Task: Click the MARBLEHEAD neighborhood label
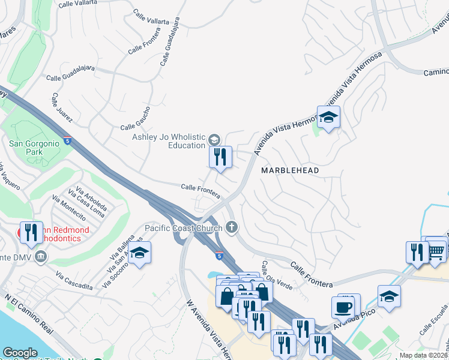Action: [290, 170]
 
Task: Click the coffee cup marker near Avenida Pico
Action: [343, 307]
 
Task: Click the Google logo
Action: [20, 353]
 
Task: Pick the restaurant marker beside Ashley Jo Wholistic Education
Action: [220, 157]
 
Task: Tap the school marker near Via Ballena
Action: [139, 253]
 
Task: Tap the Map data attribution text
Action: [424, 355]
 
